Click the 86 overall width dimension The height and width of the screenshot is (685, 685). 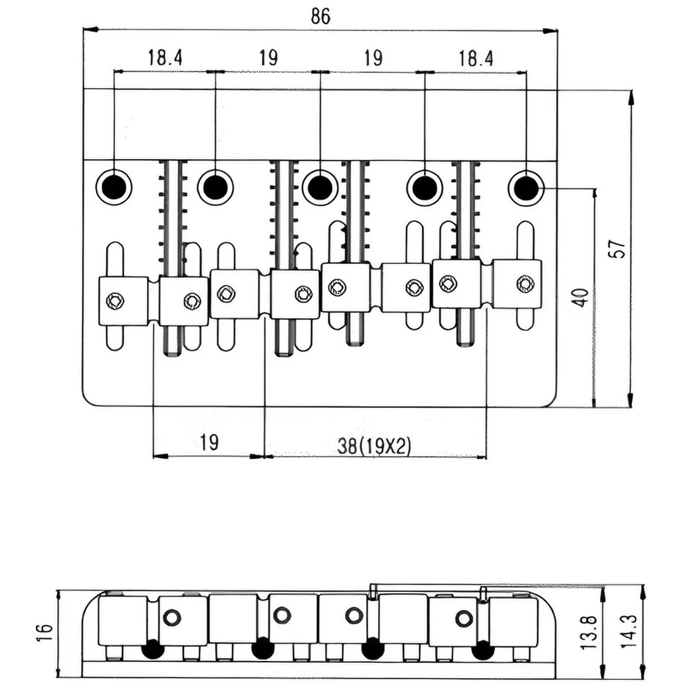pos(320,16)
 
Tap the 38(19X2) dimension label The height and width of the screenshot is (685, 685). pos(374,447)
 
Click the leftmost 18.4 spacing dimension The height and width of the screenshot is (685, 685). pos(165,58)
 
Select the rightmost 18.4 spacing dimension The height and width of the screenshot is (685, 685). pos(476,58)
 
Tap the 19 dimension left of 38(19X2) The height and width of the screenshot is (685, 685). pos(209,441)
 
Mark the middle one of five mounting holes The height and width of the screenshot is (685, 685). pos(320,186)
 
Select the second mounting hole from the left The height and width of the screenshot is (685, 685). pos(216,186)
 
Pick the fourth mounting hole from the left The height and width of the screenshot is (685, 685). pos(424,186)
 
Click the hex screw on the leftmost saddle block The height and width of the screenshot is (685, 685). pos(115,301)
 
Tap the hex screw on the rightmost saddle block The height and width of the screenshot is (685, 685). pos(525,284)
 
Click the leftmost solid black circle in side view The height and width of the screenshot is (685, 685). pos(151,649)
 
